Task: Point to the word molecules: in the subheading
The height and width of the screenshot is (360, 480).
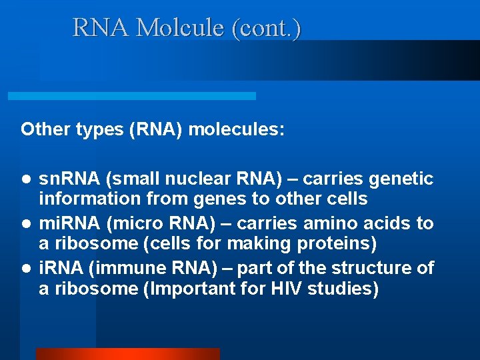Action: [x=237, y=129]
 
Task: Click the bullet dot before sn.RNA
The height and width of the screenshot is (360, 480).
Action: [x=25, y=179]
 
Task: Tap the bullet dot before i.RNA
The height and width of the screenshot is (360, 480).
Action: [x=25, y=269]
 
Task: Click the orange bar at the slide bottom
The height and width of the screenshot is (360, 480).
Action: [x=127, y=354]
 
